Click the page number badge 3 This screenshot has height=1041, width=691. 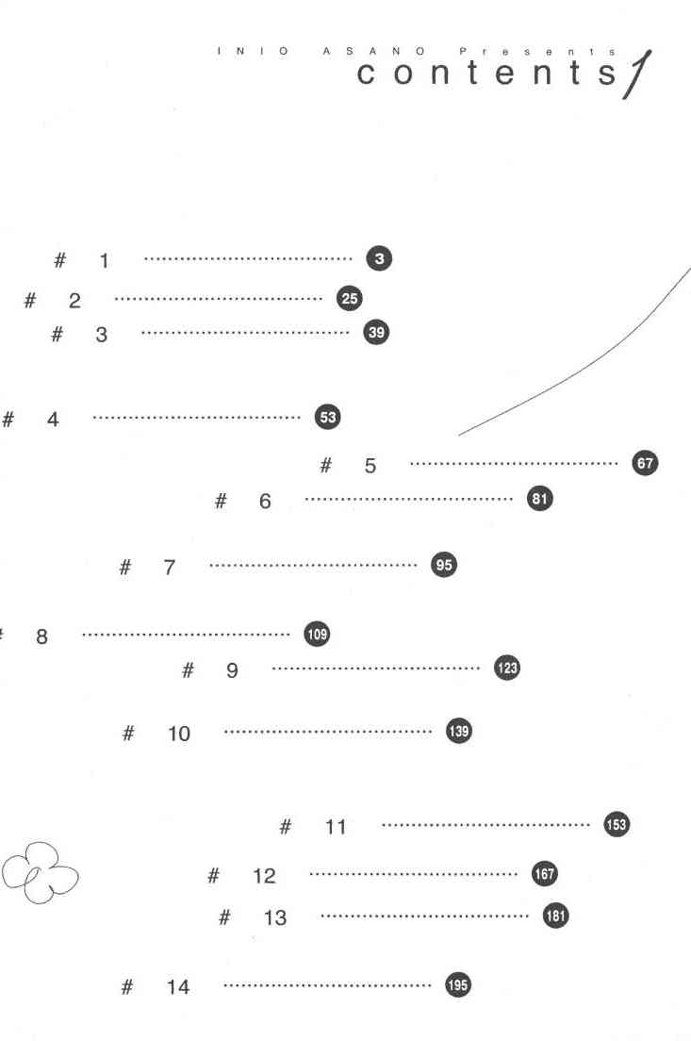point(378,258)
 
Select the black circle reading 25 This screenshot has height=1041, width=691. point(349,299)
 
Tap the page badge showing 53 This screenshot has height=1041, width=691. point(327,417)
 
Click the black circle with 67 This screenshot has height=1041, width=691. point(645,463)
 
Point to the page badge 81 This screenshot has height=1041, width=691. point(539,500)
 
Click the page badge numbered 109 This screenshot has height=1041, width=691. point(317,634)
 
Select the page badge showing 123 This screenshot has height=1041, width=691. point(507,669)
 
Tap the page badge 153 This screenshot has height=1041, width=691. point(616,825)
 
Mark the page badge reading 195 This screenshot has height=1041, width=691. point(457,985)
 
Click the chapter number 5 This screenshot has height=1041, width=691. point(370,465)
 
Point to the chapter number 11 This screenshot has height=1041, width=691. point(336,828)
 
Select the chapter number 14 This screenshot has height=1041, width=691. point(178,987)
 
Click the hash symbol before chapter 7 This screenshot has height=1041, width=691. point(125,567)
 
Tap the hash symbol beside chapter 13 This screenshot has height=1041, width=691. point(224,917)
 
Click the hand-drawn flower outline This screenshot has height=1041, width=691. point(39,872)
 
